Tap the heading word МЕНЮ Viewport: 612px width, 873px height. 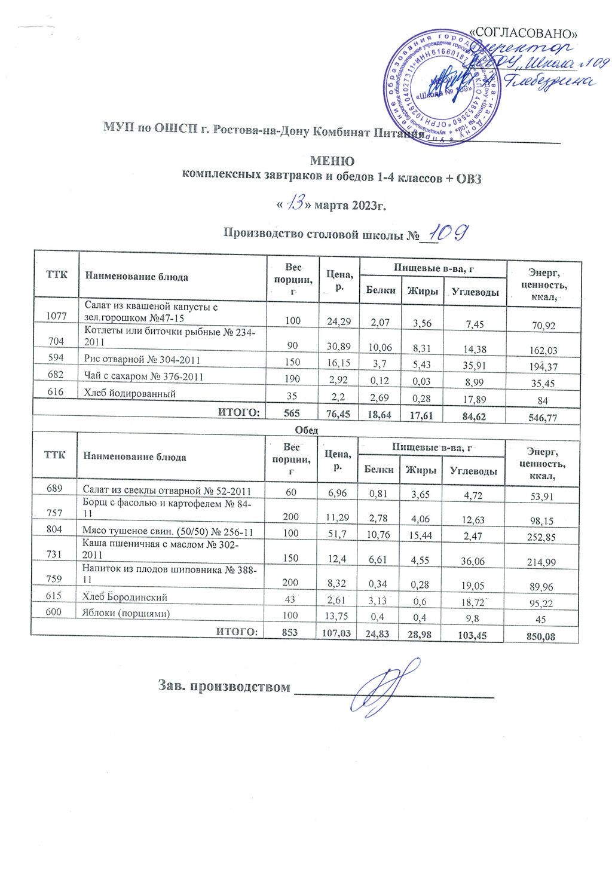(x=332, y=161)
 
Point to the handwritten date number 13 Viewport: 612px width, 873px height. (x=296, y=205)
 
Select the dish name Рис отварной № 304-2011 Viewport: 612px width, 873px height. (x=142, y=360)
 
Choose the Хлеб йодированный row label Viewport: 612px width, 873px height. (x=130, y=394)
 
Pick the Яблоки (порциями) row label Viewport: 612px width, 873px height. (x=126, y=614)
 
